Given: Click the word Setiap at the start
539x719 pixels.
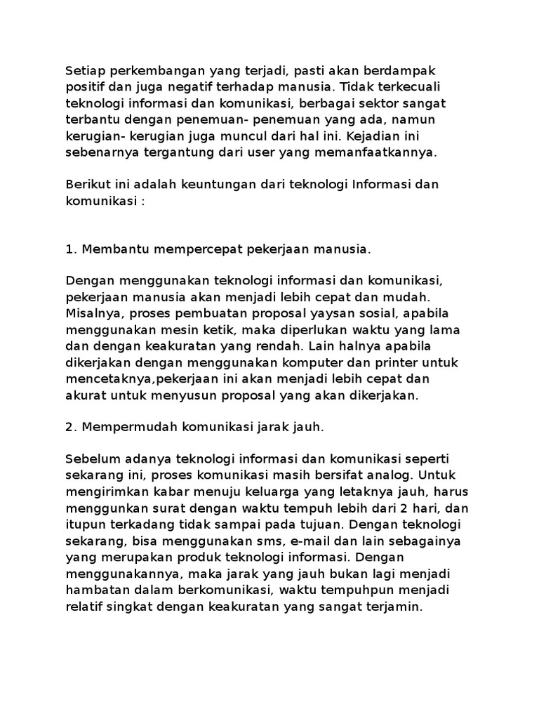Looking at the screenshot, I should coord(84,71).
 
